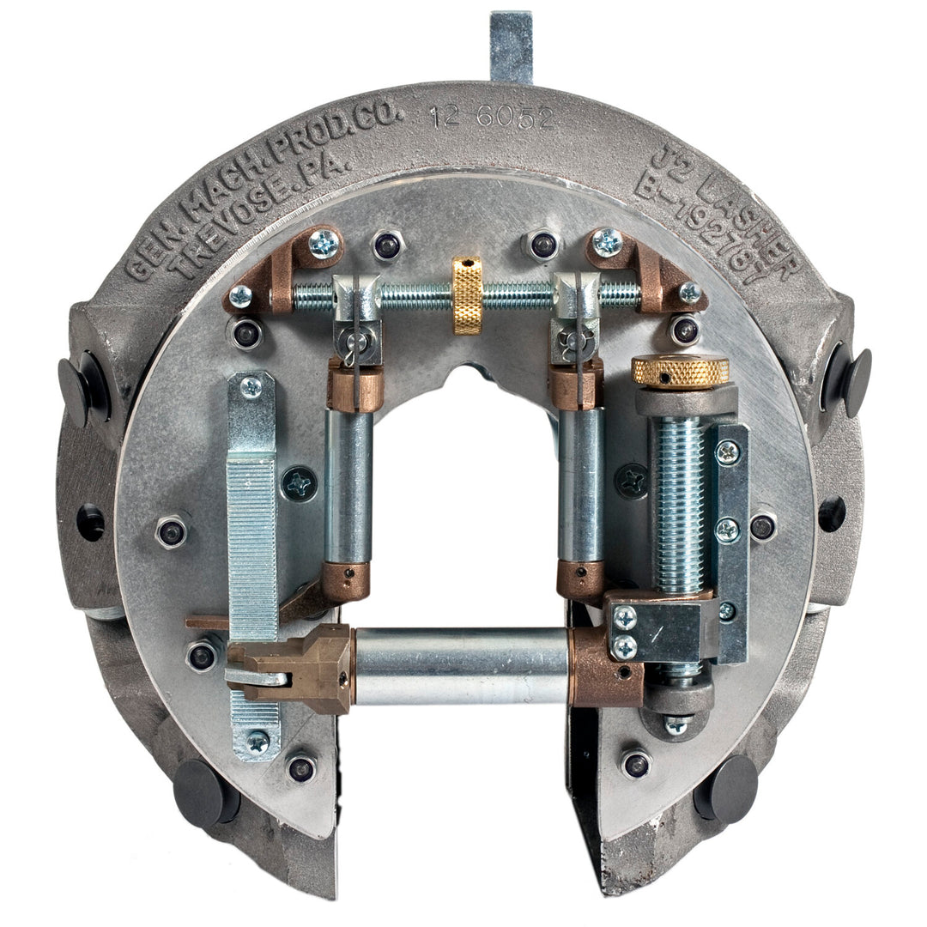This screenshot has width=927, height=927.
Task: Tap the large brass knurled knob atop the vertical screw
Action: (x=681, y=371)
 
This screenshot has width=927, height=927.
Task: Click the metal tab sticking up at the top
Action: (x=512, y=47)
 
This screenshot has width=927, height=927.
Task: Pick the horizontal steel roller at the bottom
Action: (x=462, y=665)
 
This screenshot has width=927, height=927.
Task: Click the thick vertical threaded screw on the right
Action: (x=680, y=506)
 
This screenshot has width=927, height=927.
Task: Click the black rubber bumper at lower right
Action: (x=726, y=788)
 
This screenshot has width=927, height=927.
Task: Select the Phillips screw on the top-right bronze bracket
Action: (x=608, y=242)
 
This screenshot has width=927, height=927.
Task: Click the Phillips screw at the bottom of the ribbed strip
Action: (x=257, y=739)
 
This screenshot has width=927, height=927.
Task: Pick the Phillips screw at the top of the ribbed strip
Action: (x=251, y=387)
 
